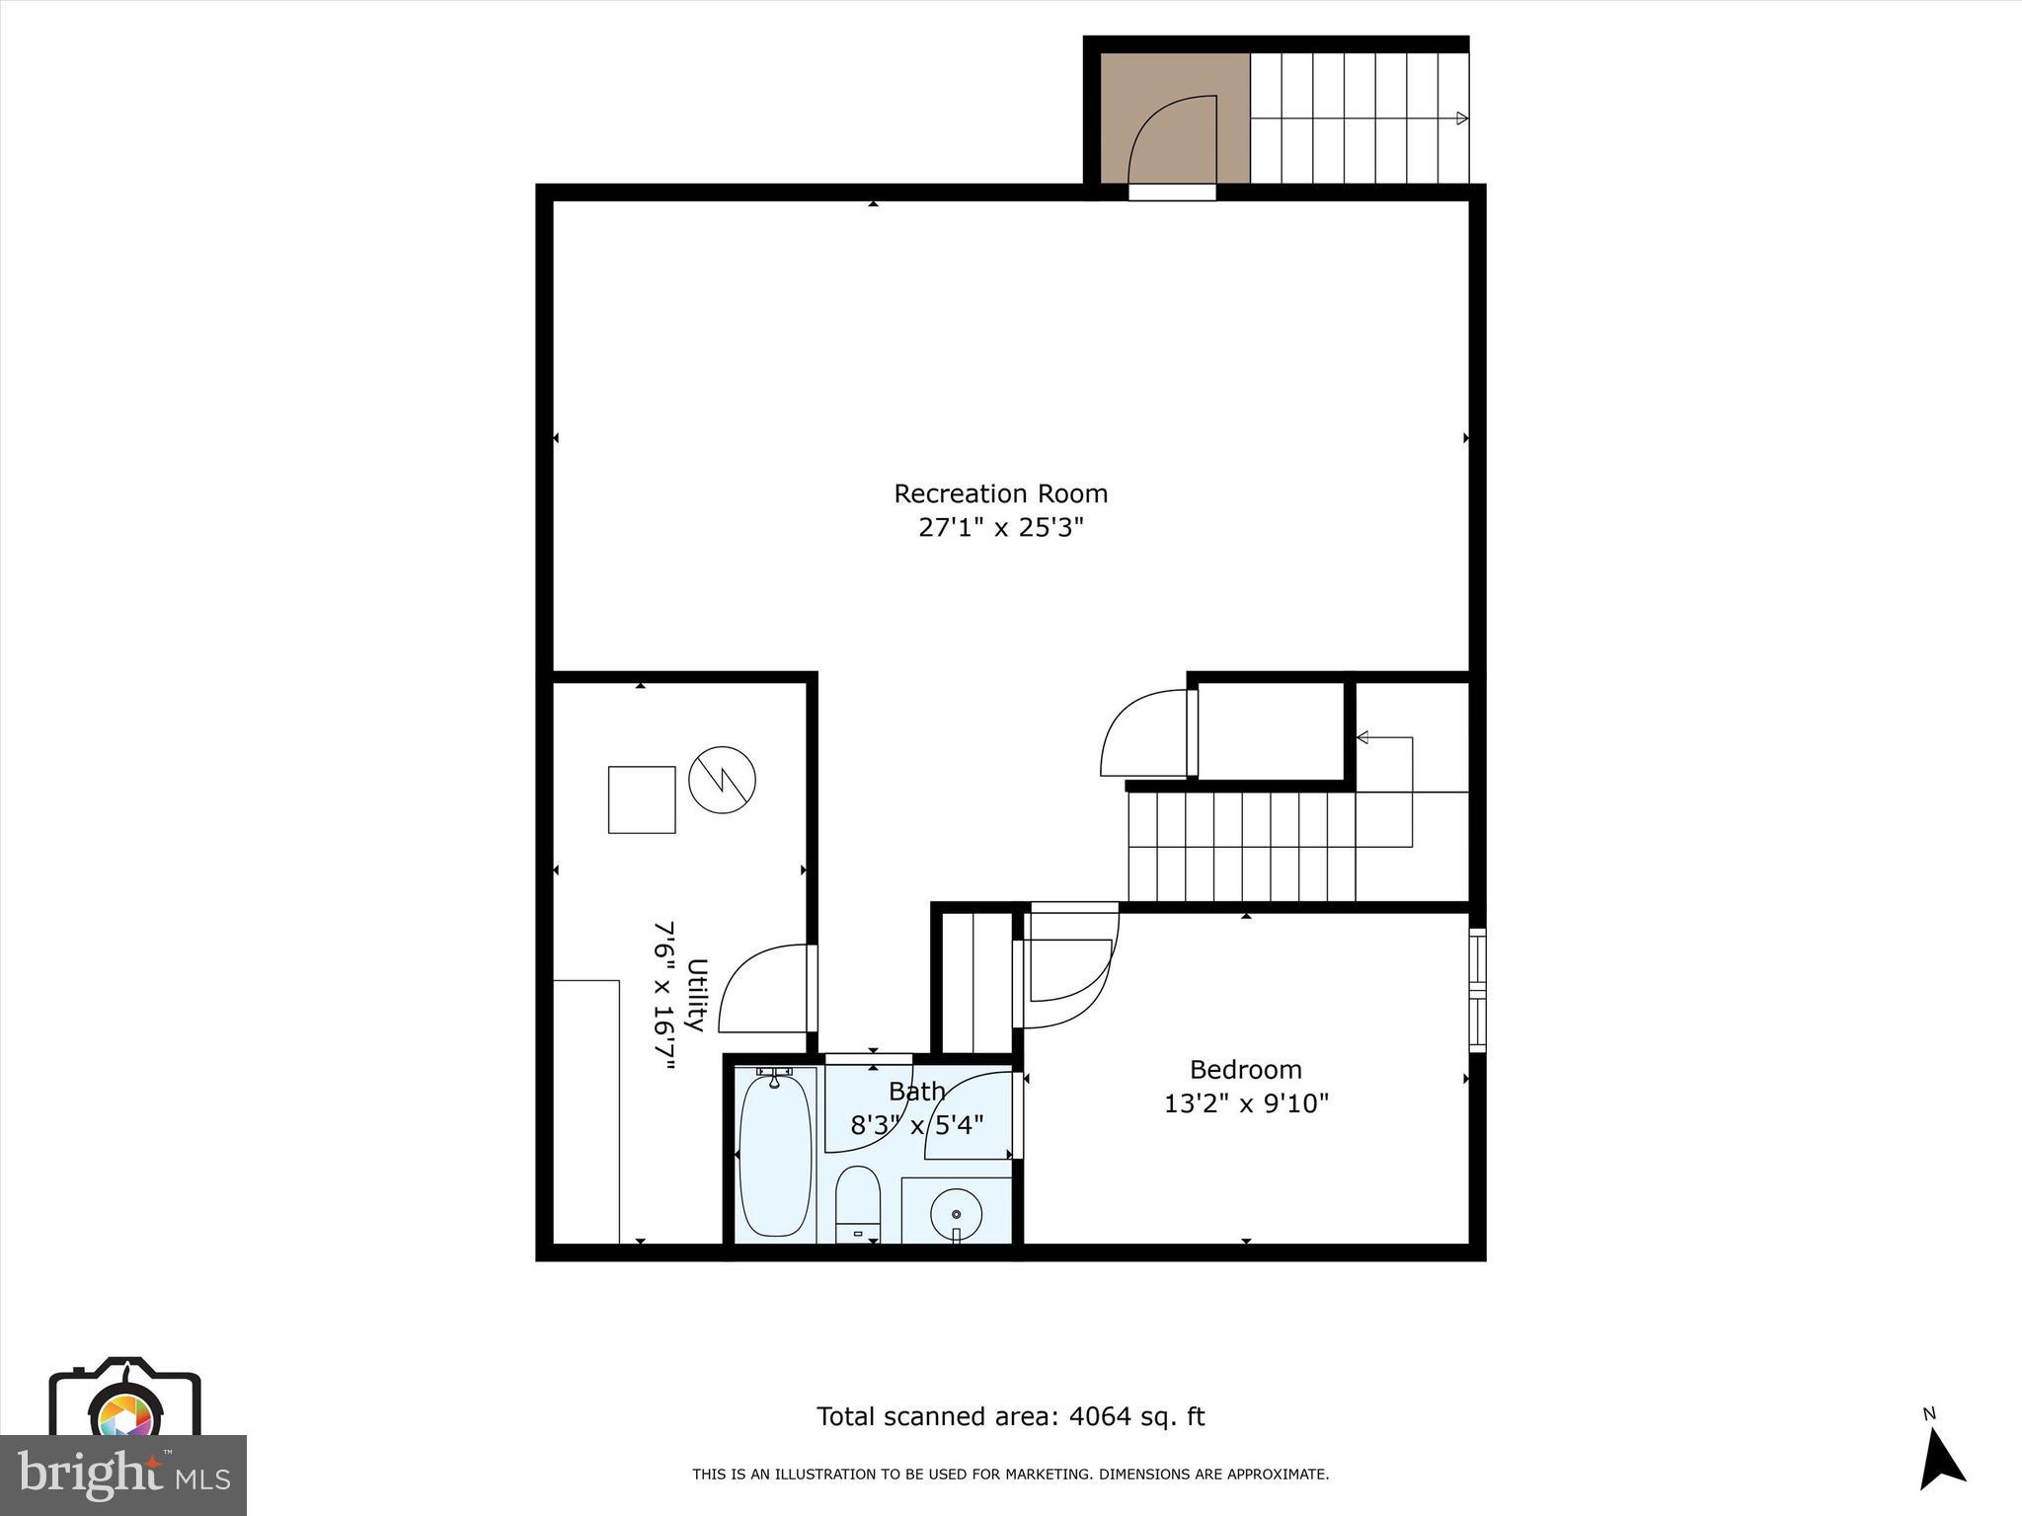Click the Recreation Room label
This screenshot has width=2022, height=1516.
pos(1000,493)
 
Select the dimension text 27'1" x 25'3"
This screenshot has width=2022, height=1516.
pos(1000,528)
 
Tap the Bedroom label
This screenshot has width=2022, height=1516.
pos(1245,1070)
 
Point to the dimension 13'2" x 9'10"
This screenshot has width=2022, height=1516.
pos(1246,1103)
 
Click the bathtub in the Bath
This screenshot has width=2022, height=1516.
pos(775,1155)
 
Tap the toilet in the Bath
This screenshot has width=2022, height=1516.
pos(857,1204)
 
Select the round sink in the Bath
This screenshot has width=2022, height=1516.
pos(956,1214)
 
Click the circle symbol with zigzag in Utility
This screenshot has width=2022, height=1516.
pos(722,780)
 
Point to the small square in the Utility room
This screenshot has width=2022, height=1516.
pos(642,799)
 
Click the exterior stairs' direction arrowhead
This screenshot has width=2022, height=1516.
pos(1461,118)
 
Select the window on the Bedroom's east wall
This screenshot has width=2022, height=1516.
pos(1477,990)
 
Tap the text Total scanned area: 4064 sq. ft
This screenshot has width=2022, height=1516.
pos(1010,1417)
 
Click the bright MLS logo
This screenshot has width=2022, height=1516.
pos(122,1475)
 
